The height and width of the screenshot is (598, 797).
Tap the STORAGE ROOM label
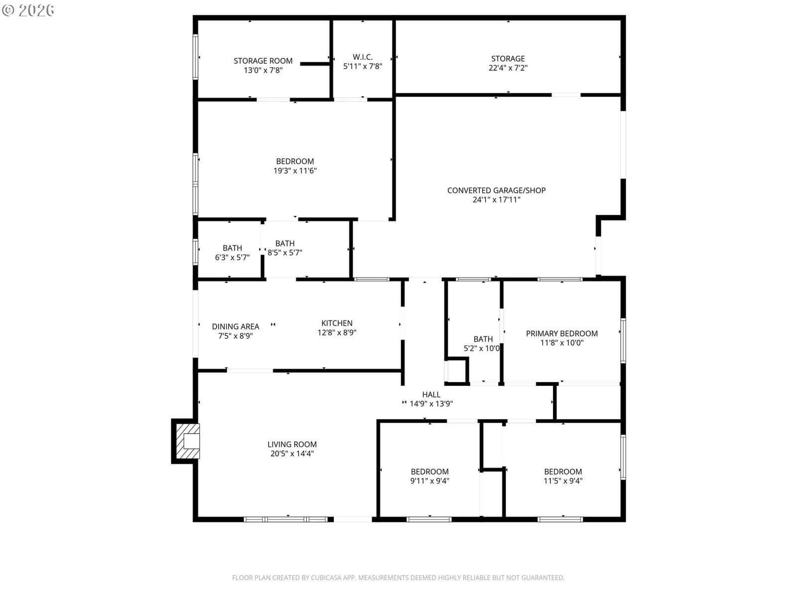(263, 61)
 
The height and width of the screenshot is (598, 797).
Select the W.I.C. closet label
(362, 57)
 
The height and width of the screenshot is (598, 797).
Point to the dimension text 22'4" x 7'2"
(508, 68)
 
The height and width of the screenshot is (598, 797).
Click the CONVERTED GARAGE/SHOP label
(496, 190)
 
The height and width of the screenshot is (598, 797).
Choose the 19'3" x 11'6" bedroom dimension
(295, 170)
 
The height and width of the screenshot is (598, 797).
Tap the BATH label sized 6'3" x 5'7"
(232, 248)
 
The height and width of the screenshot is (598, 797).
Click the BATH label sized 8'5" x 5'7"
(284, 243)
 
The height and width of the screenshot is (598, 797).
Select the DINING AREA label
(235, 326)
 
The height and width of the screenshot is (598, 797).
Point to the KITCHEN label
(337, 323)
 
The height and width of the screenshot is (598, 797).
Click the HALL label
(431, 394)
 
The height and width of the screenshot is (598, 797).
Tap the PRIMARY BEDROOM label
(561, 333)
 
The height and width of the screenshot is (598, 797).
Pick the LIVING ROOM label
(292, 444)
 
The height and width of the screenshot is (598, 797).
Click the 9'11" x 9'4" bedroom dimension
(429, 481)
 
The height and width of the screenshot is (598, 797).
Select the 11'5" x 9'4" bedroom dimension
(563, 481)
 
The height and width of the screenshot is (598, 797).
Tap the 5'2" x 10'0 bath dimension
(482, 348)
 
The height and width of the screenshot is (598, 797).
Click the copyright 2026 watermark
(28, 10)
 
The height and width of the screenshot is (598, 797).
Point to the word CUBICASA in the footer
(326, 578)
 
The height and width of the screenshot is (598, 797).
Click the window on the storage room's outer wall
(195, 57)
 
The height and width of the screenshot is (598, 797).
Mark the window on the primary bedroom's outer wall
(623, 340)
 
